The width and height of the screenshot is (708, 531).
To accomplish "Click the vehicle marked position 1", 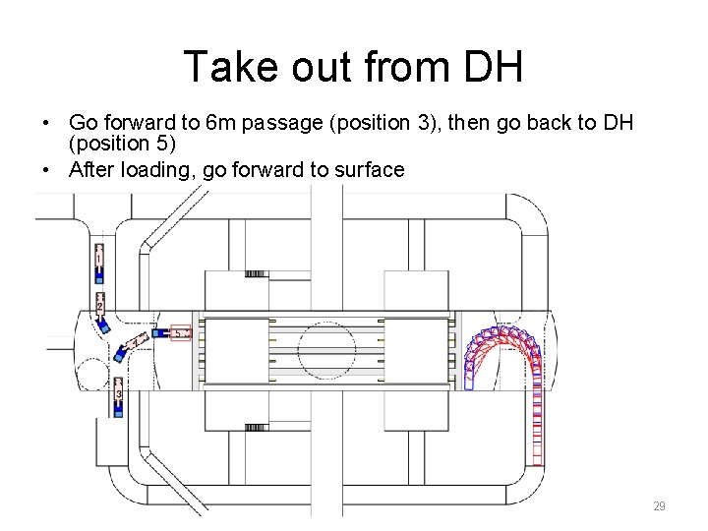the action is (98, 261).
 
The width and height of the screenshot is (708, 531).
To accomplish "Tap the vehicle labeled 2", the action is (100, 308).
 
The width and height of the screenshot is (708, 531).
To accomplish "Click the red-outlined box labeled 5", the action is (179, 333).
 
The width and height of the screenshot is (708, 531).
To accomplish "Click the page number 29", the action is (659, 506).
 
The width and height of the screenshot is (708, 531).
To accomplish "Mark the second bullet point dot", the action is (46, 170).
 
